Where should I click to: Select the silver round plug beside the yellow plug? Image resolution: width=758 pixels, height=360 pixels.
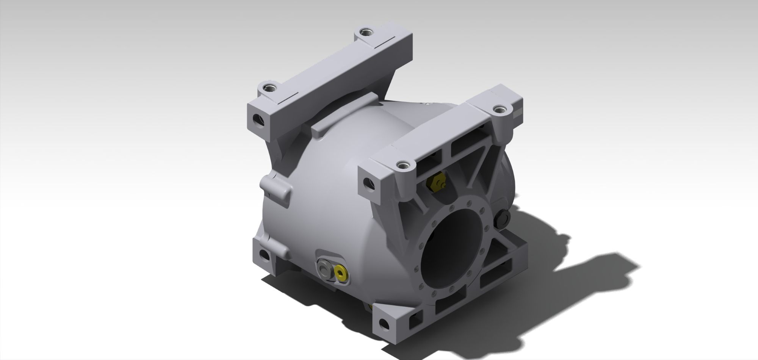coord(325,268)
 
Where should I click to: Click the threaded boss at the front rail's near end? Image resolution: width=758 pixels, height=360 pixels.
coord(402,165)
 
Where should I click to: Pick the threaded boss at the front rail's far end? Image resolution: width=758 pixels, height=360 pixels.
coord(500,110)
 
